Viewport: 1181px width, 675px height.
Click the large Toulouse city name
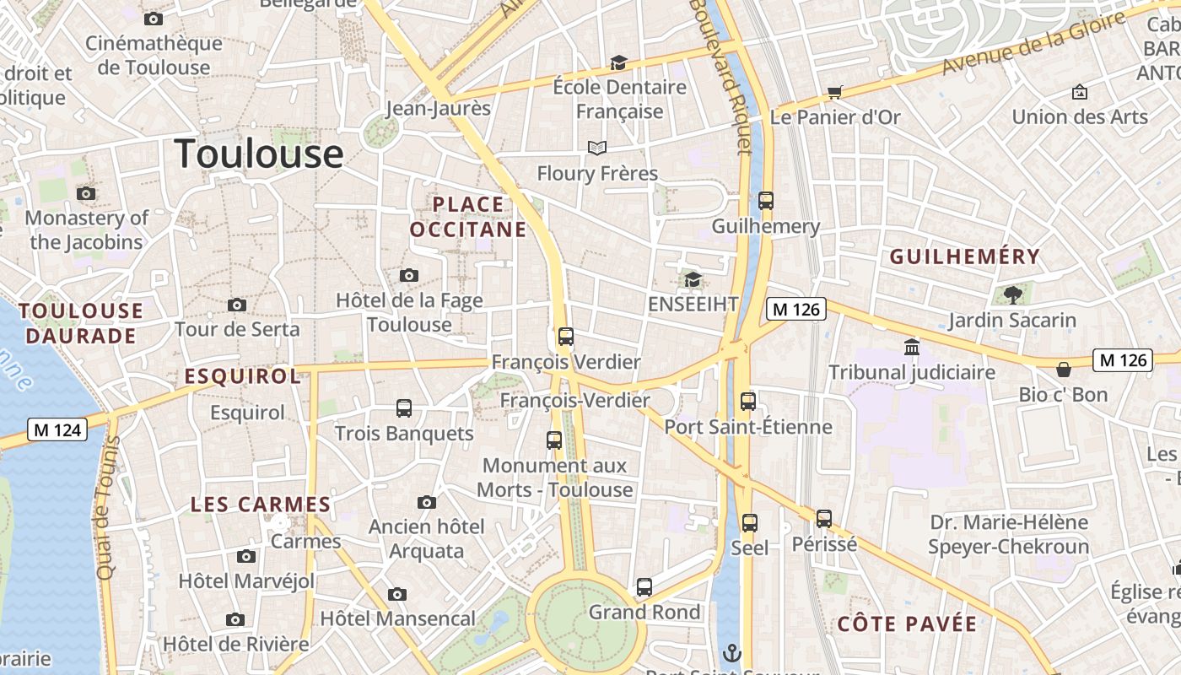point(259,154)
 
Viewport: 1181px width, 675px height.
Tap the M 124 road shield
point(58,429)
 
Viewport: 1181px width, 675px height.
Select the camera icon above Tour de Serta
point(237,305)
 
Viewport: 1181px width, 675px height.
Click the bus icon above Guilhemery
point(766,201)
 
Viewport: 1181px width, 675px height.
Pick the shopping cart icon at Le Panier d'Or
point(834,92)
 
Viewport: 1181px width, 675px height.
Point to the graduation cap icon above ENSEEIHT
point(693,279)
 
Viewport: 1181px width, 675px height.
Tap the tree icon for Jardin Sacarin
point(1012,294)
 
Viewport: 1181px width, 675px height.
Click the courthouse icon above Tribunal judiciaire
point(912,347)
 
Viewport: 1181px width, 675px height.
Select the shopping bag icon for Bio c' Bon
point(1064,369)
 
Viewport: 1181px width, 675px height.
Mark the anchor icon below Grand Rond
point(732,652)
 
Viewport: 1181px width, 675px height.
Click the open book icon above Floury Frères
point(597,148)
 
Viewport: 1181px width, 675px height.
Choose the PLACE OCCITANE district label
point(468,217)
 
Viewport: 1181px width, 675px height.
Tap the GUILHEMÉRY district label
point(965,256)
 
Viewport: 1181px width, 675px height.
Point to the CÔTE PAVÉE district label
point(907,624)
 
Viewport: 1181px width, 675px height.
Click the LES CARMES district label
point(260,505)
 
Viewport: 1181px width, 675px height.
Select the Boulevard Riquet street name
point(720,76)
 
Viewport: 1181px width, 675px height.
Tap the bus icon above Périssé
point(824,519)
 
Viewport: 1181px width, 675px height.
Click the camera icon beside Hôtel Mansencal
point(397,594)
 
